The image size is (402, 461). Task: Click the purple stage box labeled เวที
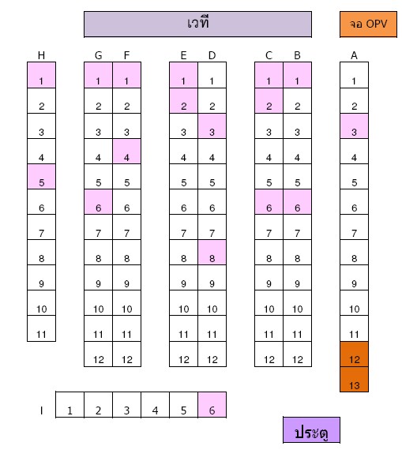[197, 24]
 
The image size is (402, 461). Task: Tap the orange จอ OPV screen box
[368, 24]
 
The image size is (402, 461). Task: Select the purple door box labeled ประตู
[311, 429]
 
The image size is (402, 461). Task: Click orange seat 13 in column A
[354, 379]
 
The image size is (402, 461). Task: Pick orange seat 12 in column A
[354, 354]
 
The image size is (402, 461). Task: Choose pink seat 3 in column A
[354, 126]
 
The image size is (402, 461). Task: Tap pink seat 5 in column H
[42, 176]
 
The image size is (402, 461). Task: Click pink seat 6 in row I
[212, 404]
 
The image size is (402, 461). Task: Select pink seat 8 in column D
[212, 253]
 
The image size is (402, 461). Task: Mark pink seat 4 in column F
[126, 151]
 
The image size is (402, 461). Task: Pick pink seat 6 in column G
[98, 202]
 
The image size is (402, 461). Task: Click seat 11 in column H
[42, 328]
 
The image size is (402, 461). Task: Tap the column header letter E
[183, 55]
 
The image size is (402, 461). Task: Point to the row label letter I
[42, 410]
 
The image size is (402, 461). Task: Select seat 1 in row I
[70, 404]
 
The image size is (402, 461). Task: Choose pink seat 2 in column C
[269, 100]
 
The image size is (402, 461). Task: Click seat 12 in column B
[297, 354]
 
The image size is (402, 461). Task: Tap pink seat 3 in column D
[212, 126]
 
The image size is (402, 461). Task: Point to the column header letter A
[354, 55]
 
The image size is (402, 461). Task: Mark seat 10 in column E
[183, 303]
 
